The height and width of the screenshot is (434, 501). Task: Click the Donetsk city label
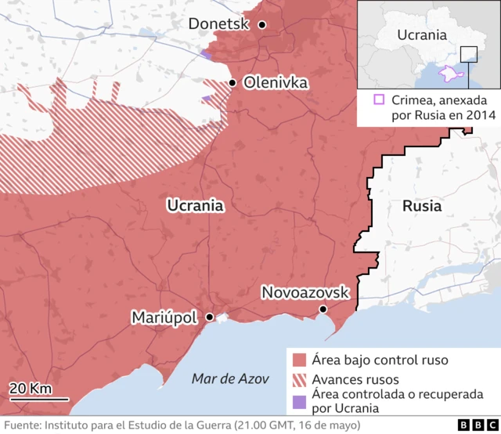click(218, 25)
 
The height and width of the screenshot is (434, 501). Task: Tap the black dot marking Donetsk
click(262, 25)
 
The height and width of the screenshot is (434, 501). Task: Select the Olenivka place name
click(276, 82)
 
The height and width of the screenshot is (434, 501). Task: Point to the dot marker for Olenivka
click(232, 82)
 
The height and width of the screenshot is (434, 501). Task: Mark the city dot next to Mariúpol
click(210, 317)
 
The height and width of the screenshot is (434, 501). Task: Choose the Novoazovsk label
click(305, 292)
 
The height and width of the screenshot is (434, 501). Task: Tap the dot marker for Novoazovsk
click(323, 310)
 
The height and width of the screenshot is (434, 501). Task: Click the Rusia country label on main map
click(421, 207)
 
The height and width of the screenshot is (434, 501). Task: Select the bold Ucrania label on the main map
click(196, 206)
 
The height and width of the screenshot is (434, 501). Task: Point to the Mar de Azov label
click(225, 379)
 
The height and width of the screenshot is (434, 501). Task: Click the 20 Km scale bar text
click(31, 389)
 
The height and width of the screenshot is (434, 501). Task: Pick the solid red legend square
click(298, 361)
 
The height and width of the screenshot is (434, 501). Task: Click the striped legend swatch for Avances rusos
click(298, 380)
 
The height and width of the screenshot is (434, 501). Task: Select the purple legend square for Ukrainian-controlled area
click(298, 401)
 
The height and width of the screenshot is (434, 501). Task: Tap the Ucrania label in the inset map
click(422, 34)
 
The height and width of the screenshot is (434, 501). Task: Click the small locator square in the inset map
click(468, 54)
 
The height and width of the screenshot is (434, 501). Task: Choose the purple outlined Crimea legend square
click(379, 99)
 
